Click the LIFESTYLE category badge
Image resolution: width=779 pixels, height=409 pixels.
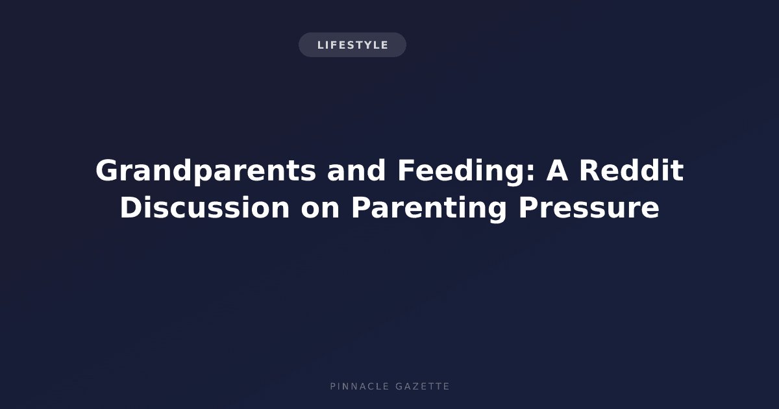352,45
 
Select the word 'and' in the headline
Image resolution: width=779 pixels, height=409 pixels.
356,170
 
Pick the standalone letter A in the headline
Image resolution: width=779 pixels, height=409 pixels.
557,170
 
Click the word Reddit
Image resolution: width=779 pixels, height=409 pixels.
632,170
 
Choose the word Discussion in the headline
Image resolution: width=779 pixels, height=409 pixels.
204,207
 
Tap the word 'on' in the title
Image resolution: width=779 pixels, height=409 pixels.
320,210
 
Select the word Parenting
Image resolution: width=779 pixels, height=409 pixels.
429,208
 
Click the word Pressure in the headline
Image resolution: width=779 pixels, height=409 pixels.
588,208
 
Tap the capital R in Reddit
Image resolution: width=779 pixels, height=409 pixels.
590,170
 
